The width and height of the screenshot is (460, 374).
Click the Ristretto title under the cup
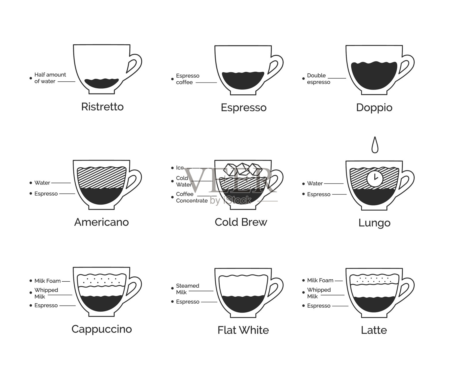click(x=102, y=107)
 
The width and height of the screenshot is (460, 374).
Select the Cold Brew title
click(x=241, y=222)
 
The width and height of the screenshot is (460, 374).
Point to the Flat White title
click(x=243, y=330)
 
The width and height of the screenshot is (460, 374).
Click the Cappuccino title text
click(x=102, y=329)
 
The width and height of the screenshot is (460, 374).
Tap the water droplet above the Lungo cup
click(x=375, y=145)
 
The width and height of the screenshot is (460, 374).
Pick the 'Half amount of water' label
click(x=50, y=78)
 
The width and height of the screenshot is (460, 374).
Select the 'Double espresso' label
click(x=319, y=79)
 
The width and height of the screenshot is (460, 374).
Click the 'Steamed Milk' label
click(x=187, y=289)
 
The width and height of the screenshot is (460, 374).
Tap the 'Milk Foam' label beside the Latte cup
click(x=320, y=280)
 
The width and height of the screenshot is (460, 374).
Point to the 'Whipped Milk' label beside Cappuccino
click(x=46, y=293)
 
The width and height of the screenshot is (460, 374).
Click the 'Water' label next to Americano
click(x=42, y=183)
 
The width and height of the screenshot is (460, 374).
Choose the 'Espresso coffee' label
click(x=188, y=79)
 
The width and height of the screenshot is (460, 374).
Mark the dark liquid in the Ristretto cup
click(x=101, y=83)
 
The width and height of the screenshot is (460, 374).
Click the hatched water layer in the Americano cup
click(x=101, y=178)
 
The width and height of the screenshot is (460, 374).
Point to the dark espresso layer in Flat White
click(x=243, y=304)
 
